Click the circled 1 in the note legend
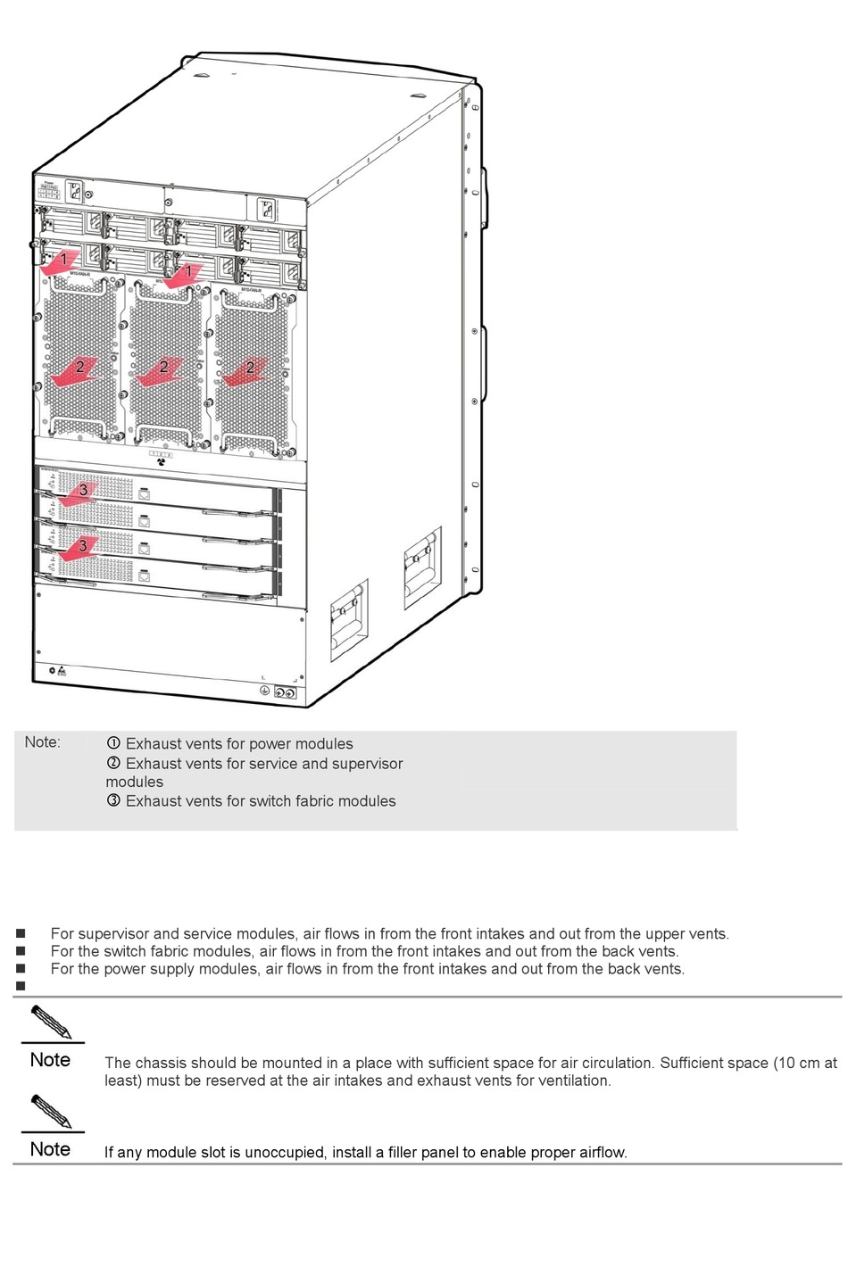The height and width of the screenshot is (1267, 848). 113,743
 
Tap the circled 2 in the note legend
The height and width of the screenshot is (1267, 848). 113,763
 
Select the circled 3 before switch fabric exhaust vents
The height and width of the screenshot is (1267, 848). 113,800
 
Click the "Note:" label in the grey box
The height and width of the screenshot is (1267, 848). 42,741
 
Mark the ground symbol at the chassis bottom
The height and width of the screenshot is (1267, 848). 264,691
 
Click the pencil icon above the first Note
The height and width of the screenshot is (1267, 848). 52,1022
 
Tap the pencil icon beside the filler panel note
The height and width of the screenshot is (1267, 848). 52,1111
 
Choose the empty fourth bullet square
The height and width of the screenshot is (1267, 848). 20,986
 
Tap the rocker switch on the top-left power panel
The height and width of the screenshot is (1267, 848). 76,190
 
